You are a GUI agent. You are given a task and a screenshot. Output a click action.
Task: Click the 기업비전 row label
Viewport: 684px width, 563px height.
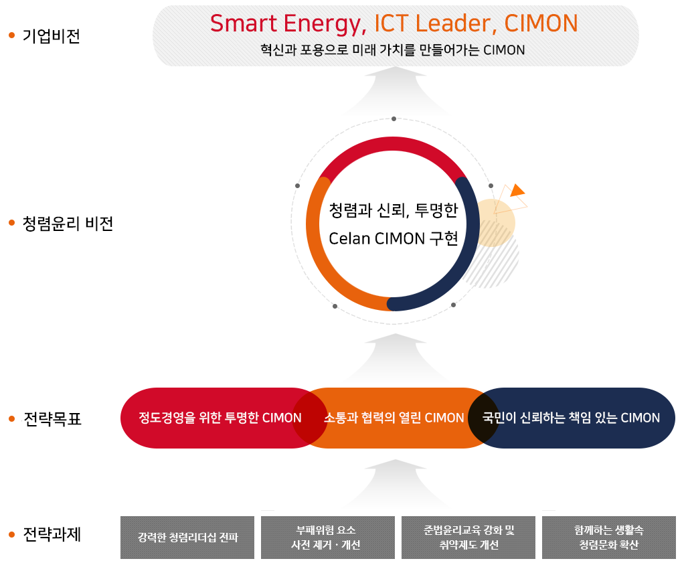tap(52, 35)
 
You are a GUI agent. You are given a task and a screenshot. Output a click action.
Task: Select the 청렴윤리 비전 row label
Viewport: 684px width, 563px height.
tap(68, 224)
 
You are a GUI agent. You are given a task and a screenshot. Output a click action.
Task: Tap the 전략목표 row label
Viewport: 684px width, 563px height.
tap(52, 419)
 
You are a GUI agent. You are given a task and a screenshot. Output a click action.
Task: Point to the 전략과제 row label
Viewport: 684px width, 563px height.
tap(52, 534)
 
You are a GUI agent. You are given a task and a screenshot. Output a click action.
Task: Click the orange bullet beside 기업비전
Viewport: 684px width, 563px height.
tap(12, 35)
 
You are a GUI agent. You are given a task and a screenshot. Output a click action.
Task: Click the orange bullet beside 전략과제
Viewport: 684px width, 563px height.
tap(12, 534)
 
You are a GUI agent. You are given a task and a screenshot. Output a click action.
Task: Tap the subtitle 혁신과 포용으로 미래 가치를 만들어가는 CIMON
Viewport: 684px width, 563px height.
tap(393, 50)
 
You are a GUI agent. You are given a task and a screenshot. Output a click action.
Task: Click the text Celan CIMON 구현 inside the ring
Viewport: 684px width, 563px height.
tap(394, 239)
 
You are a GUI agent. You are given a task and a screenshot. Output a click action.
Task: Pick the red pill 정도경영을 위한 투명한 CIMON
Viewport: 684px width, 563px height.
tap(220, 418)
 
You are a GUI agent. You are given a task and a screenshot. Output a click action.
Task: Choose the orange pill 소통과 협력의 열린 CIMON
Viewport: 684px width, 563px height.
tap(394, 418)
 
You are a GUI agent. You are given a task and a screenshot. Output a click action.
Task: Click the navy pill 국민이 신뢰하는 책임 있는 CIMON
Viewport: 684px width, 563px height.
tap(571, 418)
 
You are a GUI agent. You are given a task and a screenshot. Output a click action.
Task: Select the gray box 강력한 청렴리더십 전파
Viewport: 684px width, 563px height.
tap(187, 538)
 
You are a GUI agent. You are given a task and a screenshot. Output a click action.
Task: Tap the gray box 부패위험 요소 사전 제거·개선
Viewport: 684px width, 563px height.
tap(327, 538)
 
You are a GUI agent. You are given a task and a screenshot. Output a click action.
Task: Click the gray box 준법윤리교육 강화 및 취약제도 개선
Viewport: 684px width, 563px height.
tap(468, 538)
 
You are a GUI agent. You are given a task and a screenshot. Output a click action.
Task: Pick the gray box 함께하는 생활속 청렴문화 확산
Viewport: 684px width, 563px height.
tap(609, 538)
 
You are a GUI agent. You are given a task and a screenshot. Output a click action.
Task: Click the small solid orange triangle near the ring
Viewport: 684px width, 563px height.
tap(517, 190)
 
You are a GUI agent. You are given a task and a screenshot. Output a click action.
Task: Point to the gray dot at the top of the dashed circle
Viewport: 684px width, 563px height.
tap(394, 118)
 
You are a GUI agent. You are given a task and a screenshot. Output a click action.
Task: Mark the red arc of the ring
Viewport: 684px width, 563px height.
tap(393, 143)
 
